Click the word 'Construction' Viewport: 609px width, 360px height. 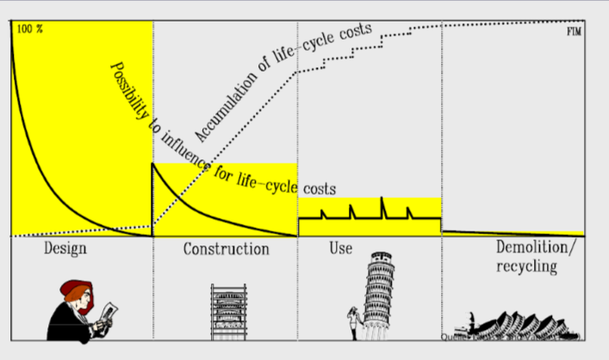(226, 250)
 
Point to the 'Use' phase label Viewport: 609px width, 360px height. (340, 250)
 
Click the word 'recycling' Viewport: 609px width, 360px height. (526, 267)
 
